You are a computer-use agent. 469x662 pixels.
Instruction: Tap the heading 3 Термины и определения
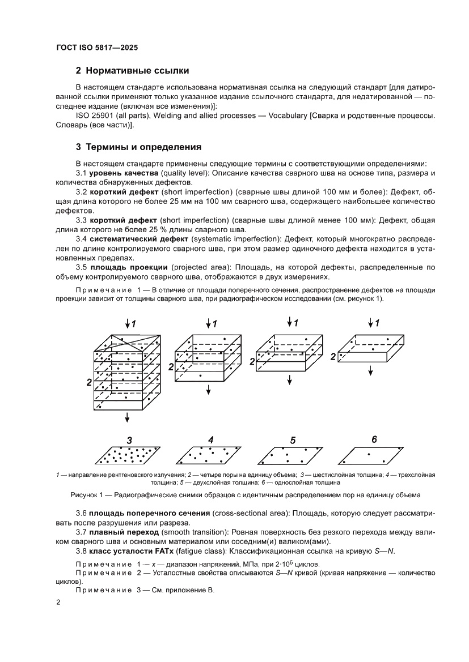(x=138, y=147)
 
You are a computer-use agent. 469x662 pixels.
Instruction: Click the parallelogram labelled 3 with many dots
(x=130, y=454)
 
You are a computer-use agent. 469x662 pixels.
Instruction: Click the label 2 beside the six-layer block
(x=89, y=383)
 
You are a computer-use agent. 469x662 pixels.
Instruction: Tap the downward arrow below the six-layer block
(x=128, y=417)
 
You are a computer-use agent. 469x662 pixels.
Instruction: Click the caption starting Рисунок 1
(x=245, y=495)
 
